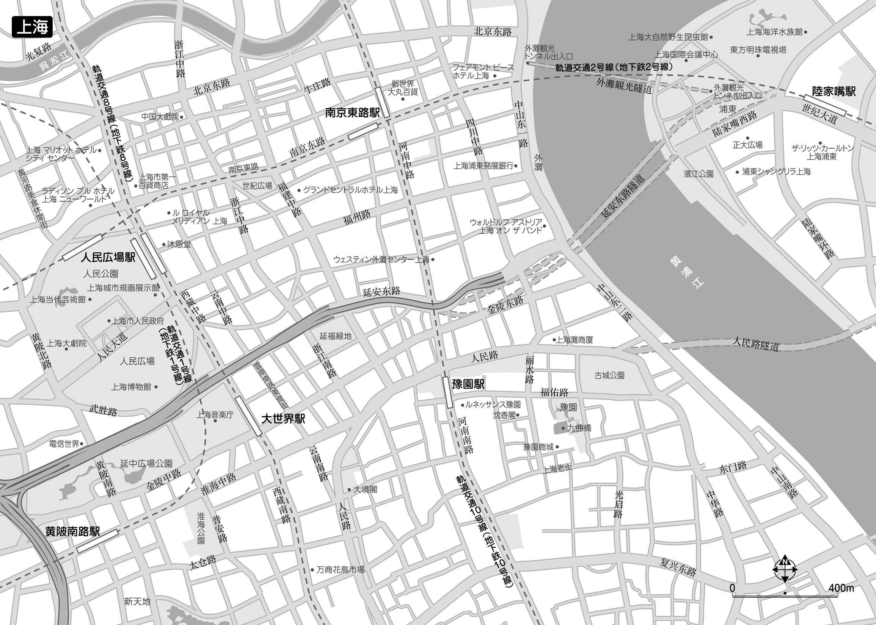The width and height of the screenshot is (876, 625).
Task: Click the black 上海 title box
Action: pyautogui.click(x=32, y=27)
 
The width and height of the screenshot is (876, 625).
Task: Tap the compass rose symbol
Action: pyautogui.click(x=785, y=569)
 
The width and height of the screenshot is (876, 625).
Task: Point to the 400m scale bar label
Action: pyautogui.click(x=841, y=588)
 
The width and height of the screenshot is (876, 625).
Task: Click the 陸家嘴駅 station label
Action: pyautogui.click(x=834, y=91)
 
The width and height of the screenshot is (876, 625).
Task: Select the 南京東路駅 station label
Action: pyautogui.click(x=352, y=112)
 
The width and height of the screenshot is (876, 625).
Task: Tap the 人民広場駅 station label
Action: pyautogui.click(x=108, y=257)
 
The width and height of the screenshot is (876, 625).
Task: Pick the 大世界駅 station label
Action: pyautogui.click(x=283, y=419)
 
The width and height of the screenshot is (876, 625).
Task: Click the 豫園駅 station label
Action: pyautogui.click(x=468, y=384)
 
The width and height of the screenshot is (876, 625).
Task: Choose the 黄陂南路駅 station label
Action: pyautogui.click(x=72, y=531)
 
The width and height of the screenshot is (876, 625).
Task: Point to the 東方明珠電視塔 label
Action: pyautogui.click(x=758, y=50)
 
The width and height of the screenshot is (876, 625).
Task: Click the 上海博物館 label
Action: pyautogui.click(x=131, y=387)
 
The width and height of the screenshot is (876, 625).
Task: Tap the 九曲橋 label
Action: pyautogui.click(x=579, y=428)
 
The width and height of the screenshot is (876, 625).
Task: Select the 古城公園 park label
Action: pyautogui.click(x=609, y=375)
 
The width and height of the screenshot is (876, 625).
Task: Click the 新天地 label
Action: pyautogui.click(x=137, y=601)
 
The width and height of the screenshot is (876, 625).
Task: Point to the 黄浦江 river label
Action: pyautogui.click(x=687, y=272)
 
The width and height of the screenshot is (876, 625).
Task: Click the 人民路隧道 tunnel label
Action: pyautogui.click(x=755, y=344)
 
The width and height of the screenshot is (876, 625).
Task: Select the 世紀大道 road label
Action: pyautogui.click(x=820, y=114)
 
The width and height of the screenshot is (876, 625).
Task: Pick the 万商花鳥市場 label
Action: pyautogui.click(x=340, y=570)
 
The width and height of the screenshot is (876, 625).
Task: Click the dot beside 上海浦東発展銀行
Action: pyautogui.click(x=516, y=166)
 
